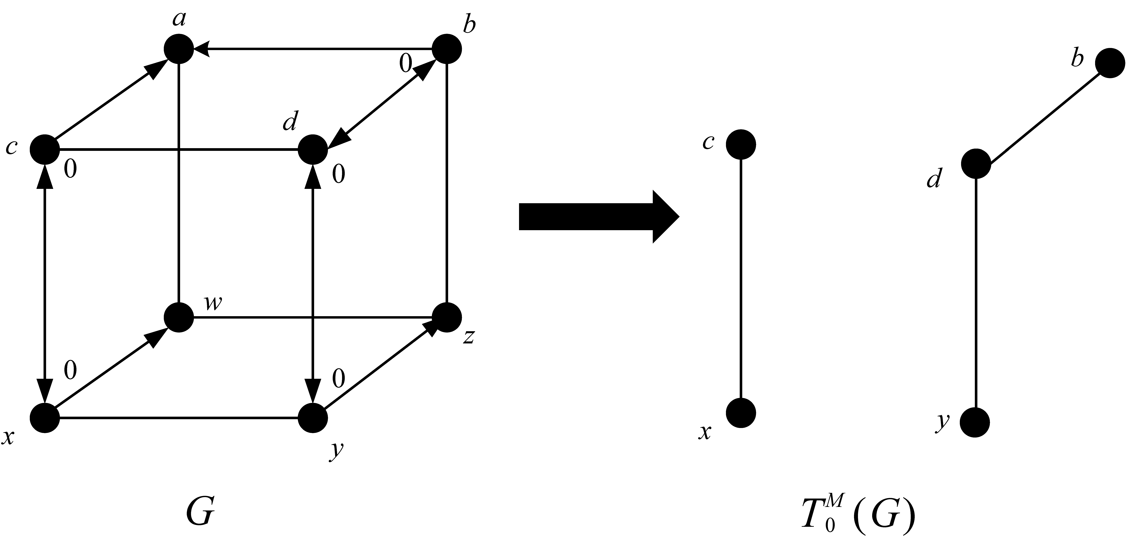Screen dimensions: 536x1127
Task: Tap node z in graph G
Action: click(x=447, y=317)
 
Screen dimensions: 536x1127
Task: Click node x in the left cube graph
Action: click(x=45, y=417)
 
